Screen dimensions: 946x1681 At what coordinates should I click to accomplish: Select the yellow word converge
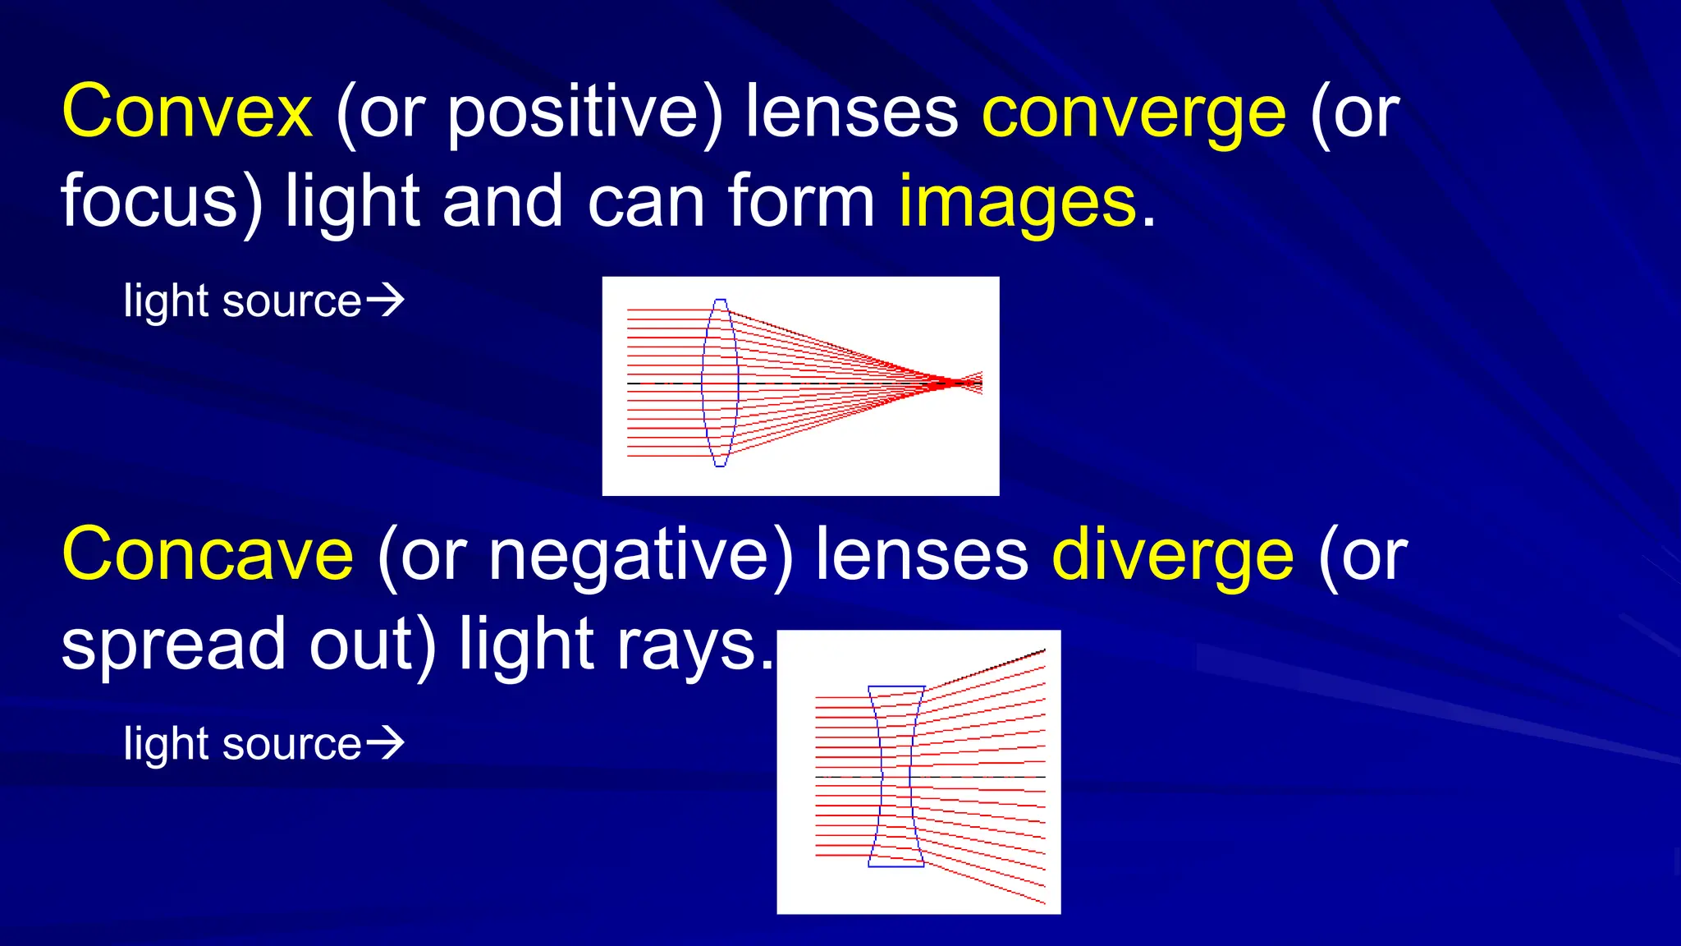click(1134, 115)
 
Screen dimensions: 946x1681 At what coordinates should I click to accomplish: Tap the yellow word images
click(1017, 204)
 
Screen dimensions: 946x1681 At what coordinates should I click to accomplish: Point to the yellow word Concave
click(208, 554)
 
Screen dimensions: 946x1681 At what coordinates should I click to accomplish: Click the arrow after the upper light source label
click(385, 300)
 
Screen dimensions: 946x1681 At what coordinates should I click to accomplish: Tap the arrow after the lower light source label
click(385, 742)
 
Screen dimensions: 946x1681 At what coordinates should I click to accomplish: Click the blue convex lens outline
click(720, 383)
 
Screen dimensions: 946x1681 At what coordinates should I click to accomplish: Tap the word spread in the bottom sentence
click(173, 646)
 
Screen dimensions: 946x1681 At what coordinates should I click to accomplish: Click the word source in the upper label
click(291, 301)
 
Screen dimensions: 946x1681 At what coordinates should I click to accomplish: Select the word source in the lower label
click(291, 744)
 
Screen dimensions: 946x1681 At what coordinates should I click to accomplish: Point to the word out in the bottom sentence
click(362, 645)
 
